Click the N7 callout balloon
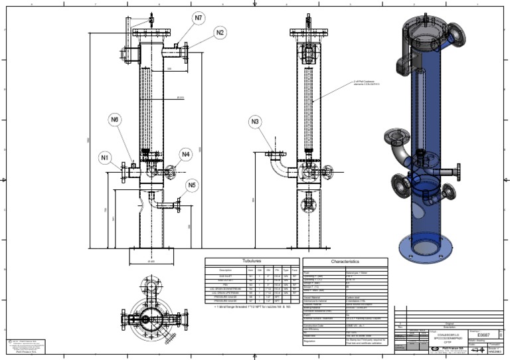(199, 17)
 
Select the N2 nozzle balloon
(220, 32)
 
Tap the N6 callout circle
(115, 120)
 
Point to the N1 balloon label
(104, 157)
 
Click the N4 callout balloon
(186, 154)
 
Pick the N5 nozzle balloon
(192, 185)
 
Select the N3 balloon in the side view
(256, 122)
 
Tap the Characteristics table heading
(345, 262)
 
